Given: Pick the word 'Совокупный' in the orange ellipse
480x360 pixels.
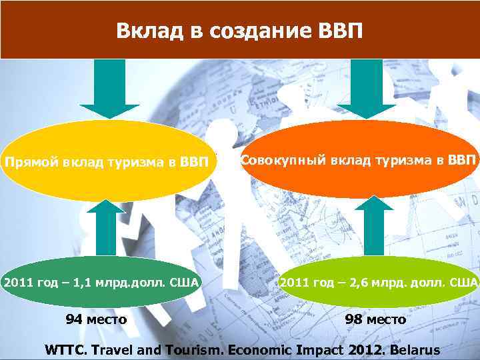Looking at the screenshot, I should click(x=273, y=160).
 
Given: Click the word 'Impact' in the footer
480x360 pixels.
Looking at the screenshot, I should click(x=315, y=349).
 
